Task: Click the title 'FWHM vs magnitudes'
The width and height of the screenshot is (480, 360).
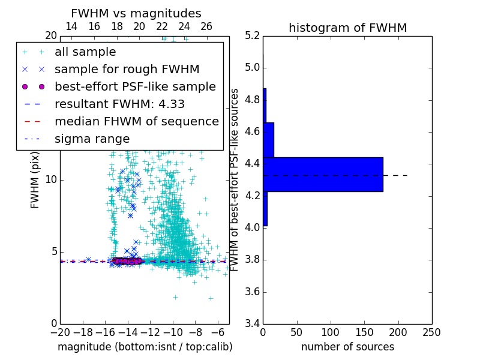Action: tap(136, 13)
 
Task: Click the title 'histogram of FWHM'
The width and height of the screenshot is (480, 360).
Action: tap(347, 28)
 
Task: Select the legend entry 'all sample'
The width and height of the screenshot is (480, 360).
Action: tap(85, 52)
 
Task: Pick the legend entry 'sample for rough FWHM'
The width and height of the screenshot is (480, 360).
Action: tap(127, 70)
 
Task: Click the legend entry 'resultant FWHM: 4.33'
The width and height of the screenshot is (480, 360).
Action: tap(119, 104)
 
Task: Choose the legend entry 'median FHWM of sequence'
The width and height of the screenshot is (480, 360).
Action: tap(136, 122)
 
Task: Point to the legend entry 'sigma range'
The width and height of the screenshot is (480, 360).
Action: tap(92, 139)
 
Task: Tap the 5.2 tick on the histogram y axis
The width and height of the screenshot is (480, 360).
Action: tap(253, 35)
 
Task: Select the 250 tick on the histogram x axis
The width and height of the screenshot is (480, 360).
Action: tap(431, 332)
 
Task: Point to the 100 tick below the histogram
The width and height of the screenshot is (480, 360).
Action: tap(331, 332)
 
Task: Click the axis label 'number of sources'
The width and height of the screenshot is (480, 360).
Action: tap(347, 347)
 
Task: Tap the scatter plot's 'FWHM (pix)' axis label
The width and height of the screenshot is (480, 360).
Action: tap(35, 180)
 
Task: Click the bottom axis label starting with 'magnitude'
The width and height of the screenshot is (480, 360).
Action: tap(145, 347)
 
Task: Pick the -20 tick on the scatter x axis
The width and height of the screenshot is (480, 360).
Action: tap(60, 332)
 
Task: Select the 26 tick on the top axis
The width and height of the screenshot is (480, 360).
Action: tap(206, 26)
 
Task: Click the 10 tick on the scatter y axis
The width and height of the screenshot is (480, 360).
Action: tap(52, 180)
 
